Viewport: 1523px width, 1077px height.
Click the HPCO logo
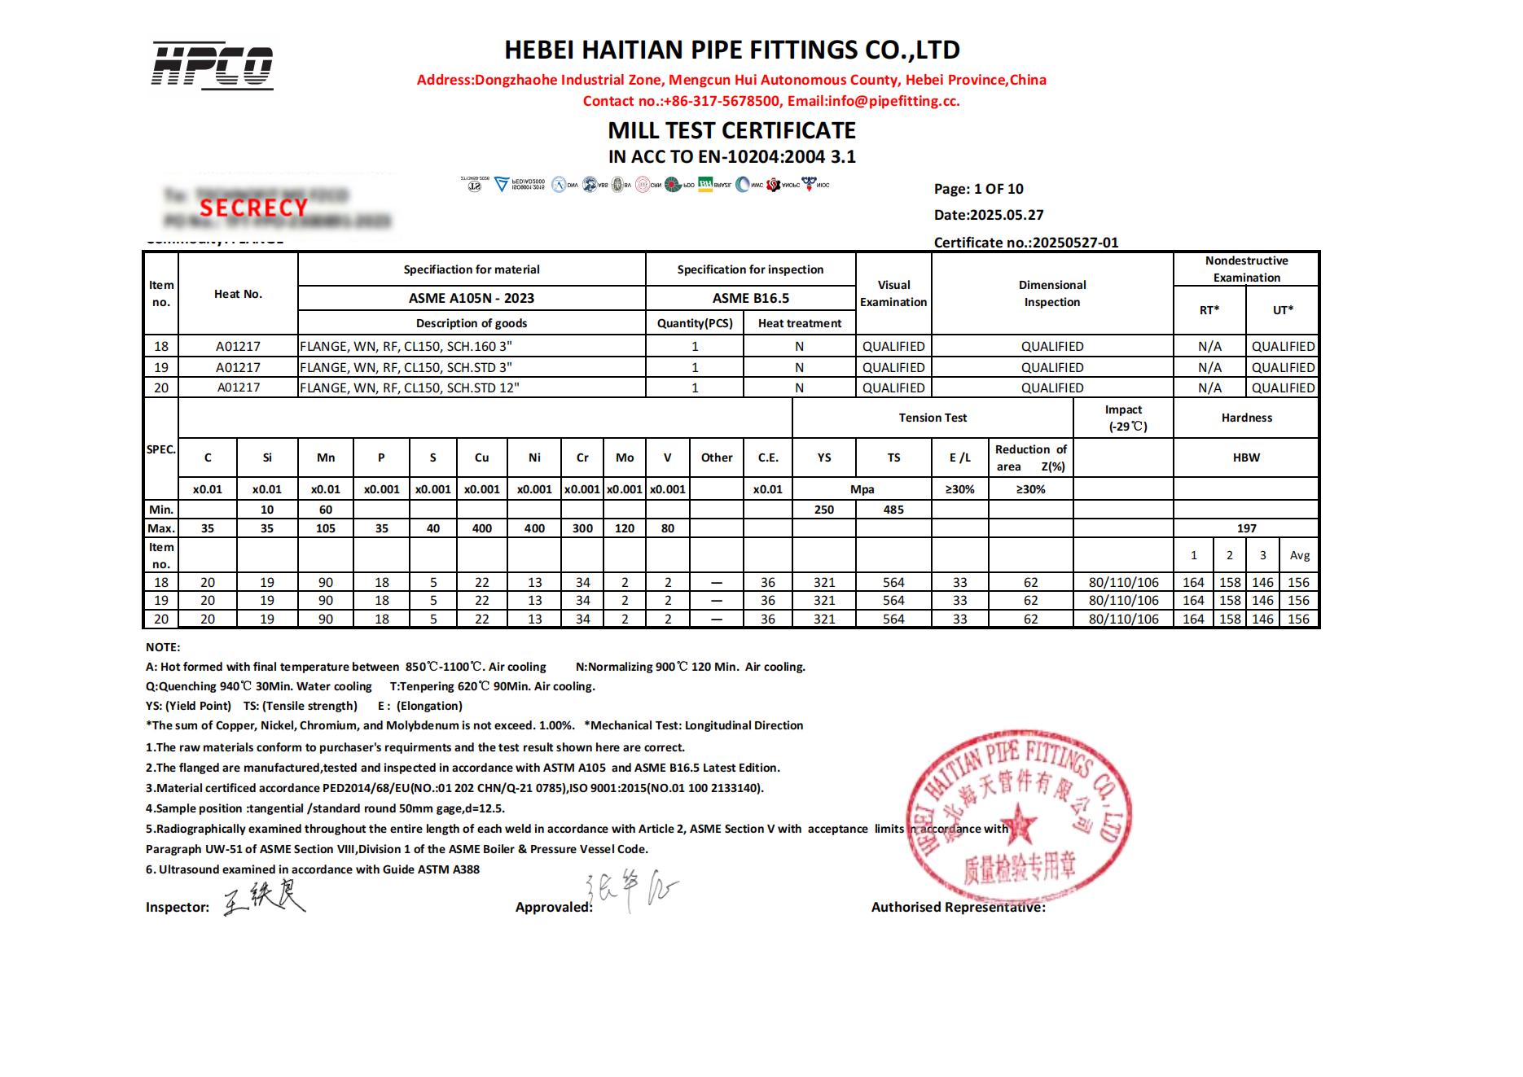click(x=213, y=65)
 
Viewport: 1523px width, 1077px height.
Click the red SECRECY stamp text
click(x=253, y=208)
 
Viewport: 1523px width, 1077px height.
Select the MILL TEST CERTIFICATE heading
click(x=731, y=130)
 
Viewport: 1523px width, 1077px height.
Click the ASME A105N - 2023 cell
click(x=472, y=298)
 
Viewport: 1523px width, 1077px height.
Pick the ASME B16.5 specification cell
click(x=750, y=298)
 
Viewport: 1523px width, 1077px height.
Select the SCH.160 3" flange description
click(x=406, y=346)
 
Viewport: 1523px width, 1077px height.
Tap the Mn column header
click(x=326, y=458)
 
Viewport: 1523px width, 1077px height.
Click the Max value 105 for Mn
click(x=326, y=528)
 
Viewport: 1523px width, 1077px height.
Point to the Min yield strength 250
click(x=824, y=510)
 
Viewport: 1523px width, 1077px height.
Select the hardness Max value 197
click(x=1246, y=528)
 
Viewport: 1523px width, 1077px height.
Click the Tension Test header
click(x=933, y=418)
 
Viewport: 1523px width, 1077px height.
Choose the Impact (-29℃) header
click(x=1123, y=418)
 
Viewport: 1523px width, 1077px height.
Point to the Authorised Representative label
click(x=958, y=907)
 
